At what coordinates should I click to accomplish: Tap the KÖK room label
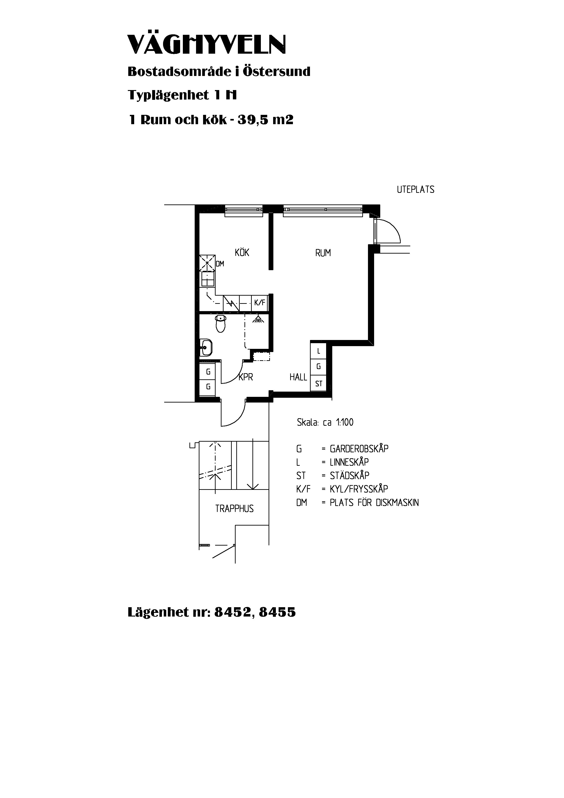click(242, 252)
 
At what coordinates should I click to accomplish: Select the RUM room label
click(323, 253)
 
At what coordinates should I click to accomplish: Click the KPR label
click(246, 377)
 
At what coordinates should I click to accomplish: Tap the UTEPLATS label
click(416, 189)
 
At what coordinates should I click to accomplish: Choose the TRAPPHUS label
click(234, 509)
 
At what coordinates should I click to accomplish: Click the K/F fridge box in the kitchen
click(259, 303)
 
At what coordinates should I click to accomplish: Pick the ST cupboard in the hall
click(319, 384)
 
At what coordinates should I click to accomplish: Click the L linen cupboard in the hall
click(319, 351)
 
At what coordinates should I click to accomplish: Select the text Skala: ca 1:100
click(325, 422)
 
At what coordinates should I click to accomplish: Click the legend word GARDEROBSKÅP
click(359, 449)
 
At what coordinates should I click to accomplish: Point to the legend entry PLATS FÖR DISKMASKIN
click(374, 503)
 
